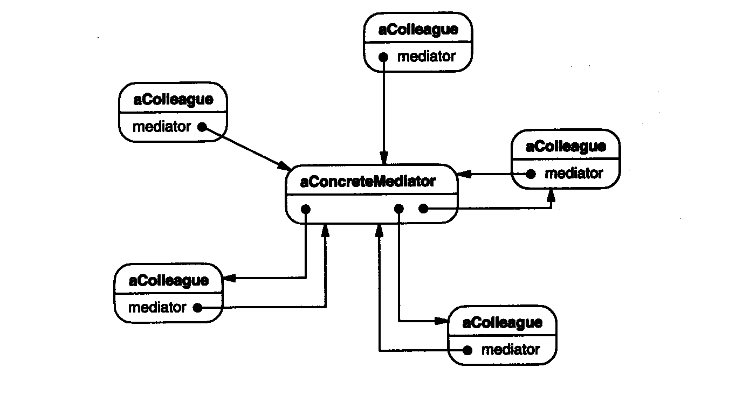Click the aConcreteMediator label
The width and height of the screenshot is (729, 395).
tap(367, 182)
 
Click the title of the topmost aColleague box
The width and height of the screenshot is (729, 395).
tap(418, 29)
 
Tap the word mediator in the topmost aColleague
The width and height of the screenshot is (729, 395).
tap(426, 56)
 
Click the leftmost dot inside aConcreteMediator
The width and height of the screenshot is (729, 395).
tap(306, 209)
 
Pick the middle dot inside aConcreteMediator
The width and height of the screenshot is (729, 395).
tap(399, 209)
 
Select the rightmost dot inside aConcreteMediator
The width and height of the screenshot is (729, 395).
tap(423, 209)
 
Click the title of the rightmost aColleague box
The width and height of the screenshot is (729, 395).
tap(565, 146)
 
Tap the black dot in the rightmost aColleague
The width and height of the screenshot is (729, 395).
tap(531, 174)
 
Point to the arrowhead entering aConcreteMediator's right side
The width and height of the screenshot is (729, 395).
tap(464, 174)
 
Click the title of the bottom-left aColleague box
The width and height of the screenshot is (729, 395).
tap(168, 280)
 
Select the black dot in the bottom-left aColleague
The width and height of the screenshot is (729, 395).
tap(197, 308)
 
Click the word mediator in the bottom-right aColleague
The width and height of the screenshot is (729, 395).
tap(510, 350)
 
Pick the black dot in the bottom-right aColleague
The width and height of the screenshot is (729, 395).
tap(468, 350)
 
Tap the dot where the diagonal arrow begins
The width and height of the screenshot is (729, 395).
tap(202, 127)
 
